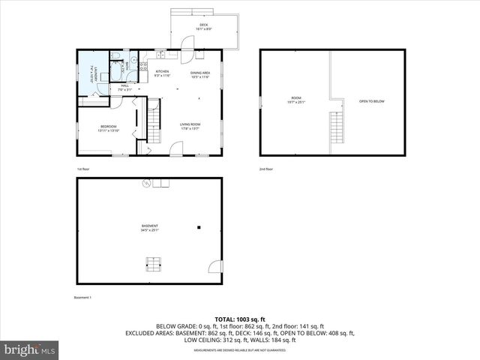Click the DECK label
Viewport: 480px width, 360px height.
pyautogui.click(x=204, y=27)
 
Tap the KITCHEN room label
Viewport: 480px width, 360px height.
pyautogui.click(x=163, y=73)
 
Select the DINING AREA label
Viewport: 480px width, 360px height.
pyautogui.click(x=199, y=73)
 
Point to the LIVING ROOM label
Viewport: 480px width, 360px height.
pyautogui.click(x=190, y=125)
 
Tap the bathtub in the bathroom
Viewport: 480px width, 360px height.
pyautogui.click(x=118, y=71)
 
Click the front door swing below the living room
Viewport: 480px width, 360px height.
pyautogui.click(x=175, y=149)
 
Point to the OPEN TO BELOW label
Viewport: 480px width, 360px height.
pyautogui.click(x=372, y=100)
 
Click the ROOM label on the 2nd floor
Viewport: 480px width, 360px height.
pyautogui.click(x=296, y=99)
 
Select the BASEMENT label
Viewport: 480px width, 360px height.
pyautogui.click(x=149, y=227)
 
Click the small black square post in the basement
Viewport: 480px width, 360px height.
pyautogui.click(x=199, y=226)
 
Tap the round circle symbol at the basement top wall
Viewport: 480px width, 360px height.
pyautogui.click(x=147, y=182)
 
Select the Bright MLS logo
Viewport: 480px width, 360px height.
pyautogui.click(x=30, y=349)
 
